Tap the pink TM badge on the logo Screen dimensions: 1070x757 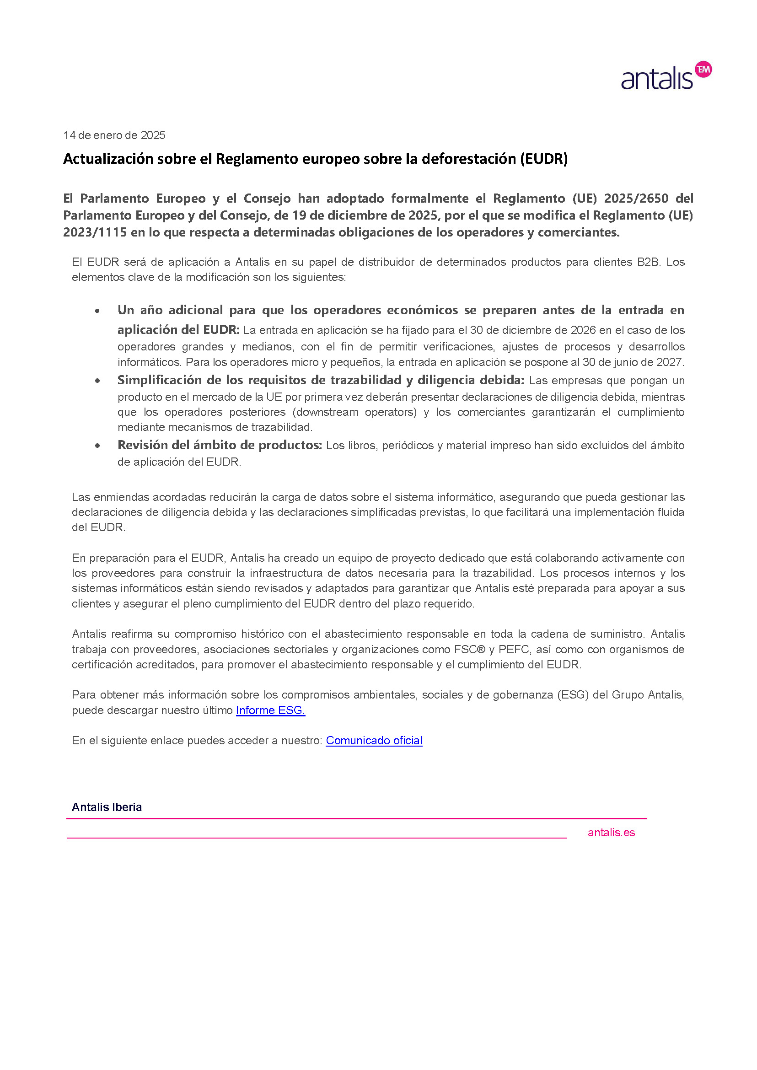[x=703, y=70]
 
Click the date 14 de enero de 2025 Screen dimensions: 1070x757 [x=114, y=135]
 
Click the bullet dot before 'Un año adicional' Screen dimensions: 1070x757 [x=97, y=311]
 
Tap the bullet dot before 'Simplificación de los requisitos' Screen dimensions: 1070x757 [x=97, y=381]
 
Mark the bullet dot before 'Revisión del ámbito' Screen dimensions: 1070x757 [x=97, y=446]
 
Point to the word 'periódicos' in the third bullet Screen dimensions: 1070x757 [x=408, y=446]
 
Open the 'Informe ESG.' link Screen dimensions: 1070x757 [x=270, y=710]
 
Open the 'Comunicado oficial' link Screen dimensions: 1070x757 [x=374, y=740]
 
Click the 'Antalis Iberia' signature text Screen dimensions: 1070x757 [x=107, y=807]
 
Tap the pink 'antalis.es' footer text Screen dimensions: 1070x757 [x=611, y=833]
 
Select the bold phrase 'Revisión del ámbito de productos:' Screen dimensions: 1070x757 [x=220, y=445]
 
